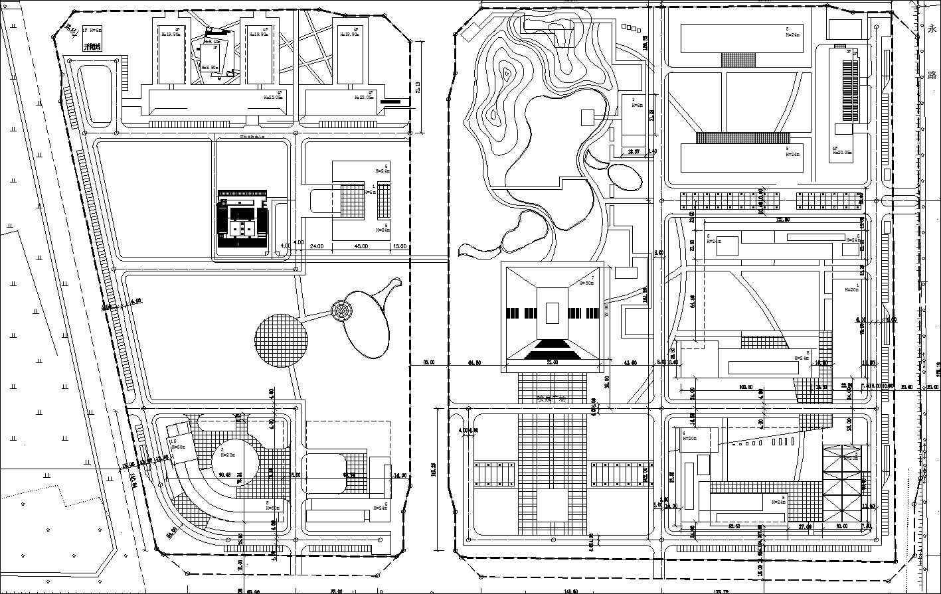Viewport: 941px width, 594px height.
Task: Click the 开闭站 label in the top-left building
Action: [92, 48]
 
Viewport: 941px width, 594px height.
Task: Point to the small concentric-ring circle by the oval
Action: [343, 311]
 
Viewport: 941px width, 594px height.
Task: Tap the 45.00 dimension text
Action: [361, 246]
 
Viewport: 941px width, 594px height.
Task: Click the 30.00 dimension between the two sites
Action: [429, 363]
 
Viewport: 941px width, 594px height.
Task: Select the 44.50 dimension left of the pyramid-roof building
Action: [474, 363]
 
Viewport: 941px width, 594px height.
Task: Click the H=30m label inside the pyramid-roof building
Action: [586, 283]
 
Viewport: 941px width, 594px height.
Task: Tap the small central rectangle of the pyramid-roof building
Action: [552, 312]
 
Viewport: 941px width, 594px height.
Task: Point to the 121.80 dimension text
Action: [782, 220]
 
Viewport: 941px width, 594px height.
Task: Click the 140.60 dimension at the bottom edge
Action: [570, 591]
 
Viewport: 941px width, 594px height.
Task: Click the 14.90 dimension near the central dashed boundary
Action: [400, 476]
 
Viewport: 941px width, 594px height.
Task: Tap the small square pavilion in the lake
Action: [588, 117]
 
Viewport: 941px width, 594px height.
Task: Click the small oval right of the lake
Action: [625, 177]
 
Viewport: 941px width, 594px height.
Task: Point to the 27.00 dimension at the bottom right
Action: [804, 526]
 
